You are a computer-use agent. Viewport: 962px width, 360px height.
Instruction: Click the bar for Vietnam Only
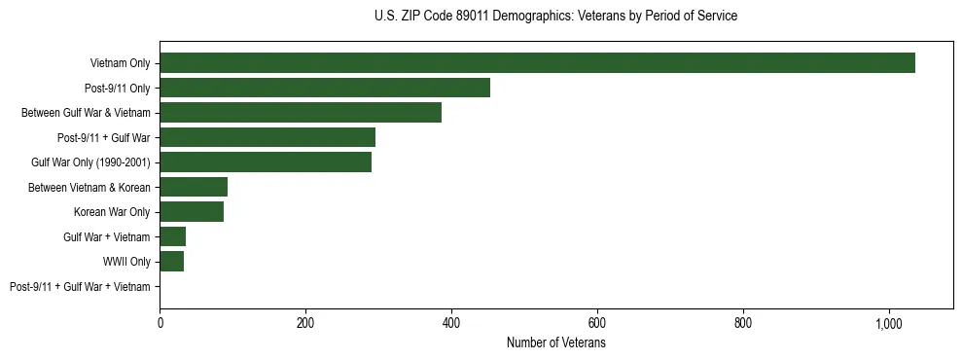pos(537,63)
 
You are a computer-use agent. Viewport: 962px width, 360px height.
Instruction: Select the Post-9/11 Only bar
pos(325,88)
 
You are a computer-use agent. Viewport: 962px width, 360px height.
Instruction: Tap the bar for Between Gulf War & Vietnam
pos(301,113)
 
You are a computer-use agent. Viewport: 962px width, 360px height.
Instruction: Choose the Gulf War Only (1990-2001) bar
pos(266,162)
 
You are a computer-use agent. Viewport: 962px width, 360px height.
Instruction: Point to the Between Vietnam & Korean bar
pos(194,187)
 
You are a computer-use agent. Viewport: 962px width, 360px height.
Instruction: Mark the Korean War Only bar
pos(192,211)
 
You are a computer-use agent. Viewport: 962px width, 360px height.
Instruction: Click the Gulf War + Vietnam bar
pos(172,236)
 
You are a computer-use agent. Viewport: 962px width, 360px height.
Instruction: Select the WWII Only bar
pos(171,261)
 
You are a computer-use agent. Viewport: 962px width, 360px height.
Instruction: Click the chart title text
pos(555,17)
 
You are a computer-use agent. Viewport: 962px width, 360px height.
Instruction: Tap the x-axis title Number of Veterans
pos(555,343)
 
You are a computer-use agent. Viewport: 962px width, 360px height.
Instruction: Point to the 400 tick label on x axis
pos(451,324)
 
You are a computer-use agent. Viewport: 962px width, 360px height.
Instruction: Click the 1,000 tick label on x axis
pos(889,324)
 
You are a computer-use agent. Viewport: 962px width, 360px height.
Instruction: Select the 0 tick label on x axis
pos(160,324)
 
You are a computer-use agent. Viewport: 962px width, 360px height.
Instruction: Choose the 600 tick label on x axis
pos(597,324)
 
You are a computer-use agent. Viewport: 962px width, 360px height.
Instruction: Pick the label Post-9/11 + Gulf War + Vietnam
pos(80,286)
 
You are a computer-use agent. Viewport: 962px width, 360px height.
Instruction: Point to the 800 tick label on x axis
pos(743,324)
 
